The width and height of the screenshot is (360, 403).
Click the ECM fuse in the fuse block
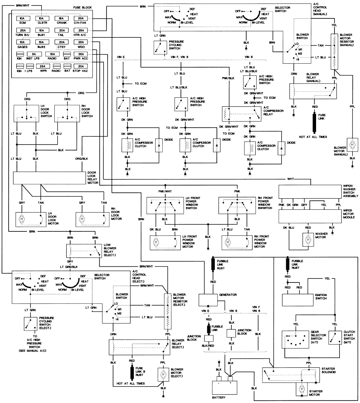point(22,18)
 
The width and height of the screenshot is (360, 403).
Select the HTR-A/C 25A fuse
point(82,31)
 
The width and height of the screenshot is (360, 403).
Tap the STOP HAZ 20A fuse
point(82,66)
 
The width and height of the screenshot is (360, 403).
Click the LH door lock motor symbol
point(21,218)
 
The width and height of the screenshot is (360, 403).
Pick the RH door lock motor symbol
point(82,218)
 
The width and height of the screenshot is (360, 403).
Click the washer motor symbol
point(308,240)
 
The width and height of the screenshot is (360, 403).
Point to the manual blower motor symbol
point(352,144)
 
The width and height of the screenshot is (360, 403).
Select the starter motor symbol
point(301,389)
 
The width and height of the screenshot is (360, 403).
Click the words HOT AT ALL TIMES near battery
point(131,394)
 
